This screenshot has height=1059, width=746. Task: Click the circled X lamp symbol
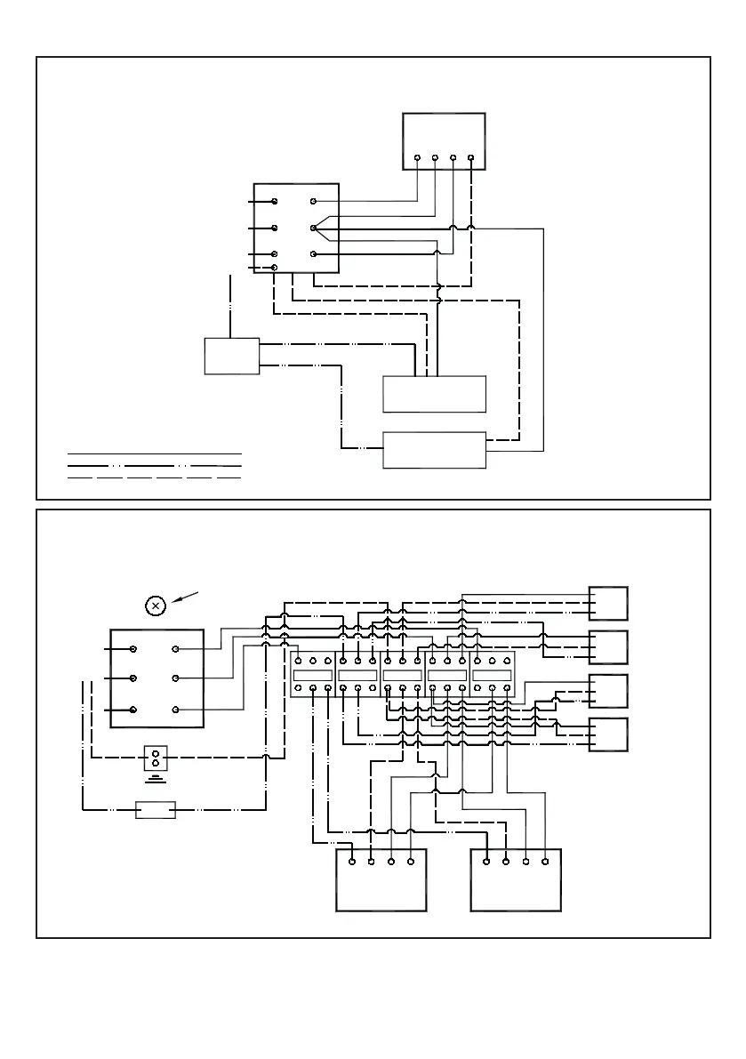pos(156,606)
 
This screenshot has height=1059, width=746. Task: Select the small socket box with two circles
pos(156,758)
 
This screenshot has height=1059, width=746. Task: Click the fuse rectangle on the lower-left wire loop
pos(155,810)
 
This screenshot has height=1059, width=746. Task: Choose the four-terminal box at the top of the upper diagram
pos(444,140)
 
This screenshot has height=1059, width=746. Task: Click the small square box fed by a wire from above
pos(232,356)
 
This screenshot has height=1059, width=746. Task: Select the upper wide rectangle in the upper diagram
pos(434,393)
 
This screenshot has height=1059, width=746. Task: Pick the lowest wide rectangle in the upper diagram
pos(434,450)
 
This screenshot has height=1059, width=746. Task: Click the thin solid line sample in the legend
pos(156,453)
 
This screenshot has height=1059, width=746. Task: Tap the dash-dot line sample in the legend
pos(156,465)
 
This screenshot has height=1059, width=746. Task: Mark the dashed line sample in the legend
pos(156,477)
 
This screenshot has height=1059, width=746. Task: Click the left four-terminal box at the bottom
pos(381,879)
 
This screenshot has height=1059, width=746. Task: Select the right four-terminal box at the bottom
pos(516,879)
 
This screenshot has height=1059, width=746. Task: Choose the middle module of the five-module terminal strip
pos(403,676)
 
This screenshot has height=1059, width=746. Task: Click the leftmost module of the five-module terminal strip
pos(313,676)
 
